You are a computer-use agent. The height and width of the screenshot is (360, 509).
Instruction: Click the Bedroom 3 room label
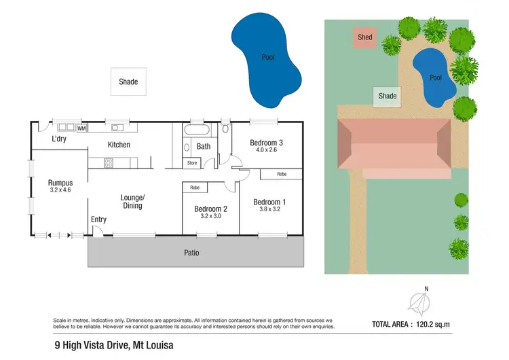click(x=266, y=142)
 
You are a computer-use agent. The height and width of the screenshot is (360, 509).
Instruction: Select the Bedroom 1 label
click(x=269, y=202)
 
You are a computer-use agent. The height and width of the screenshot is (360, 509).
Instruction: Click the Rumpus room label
click(x=60, y=183)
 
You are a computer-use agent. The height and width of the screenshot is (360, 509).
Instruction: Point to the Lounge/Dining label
click(x=132, y=201)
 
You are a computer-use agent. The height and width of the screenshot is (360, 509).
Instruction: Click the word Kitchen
click(x=119, y=145)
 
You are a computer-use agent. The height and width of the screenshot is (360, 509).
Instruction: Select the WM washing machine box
click(x=81, y=128)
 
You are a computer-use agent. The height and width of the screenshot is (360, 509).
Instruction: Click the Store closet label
click(x=192, y=163)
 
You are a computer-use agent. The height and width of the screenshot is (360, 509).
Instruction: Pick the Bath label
click(x=204, y=146)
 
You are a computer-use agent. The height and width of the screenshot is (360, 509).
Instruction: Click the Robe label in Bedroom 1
click(x=281, y=175)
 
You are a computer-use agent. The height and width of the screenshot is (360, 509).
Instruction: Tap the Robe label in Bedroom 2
click(x=195, y=187)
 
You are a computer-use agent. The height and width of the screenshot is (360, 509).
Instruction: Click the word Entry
click(x=98, y=219)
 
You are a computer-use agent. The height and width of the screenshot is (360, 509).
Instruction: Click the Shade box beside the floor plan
click(x=128, y=82)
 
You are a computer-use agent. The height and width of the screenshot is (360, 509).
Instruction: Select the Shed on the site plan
click(x=365, y=37)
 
